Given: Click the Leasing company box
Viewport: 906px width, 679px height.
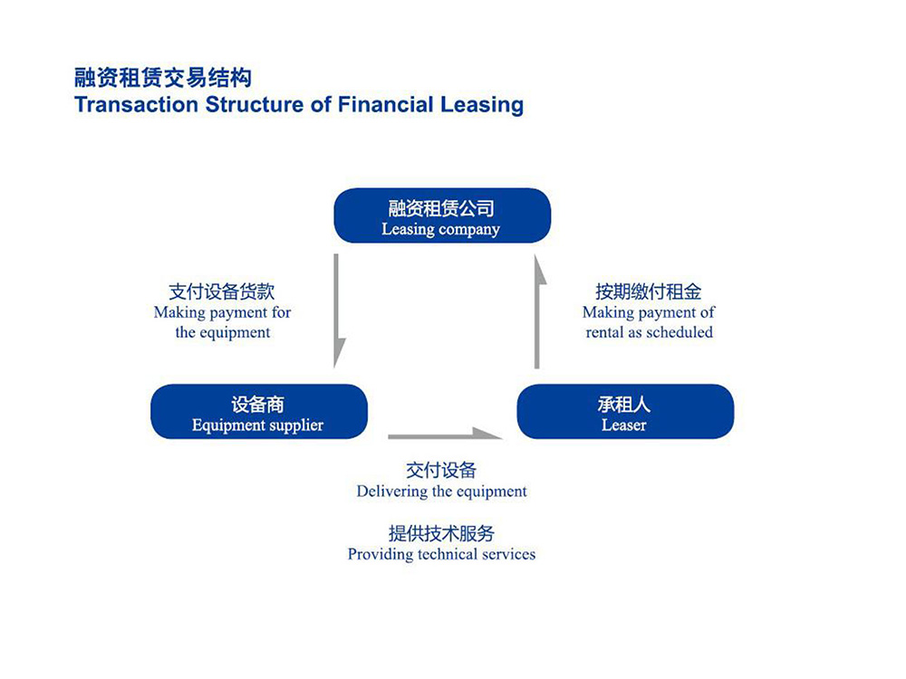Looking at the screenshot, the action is (442, 215).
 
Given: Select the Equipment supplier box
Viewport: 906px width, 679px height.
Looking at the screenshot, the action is (259, 412).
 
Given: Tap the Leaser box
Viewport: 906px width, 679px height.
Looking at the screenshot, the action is (625, 412).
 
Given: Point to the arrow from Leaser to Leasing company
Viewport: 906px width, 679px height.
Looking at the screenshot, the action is (537, 311).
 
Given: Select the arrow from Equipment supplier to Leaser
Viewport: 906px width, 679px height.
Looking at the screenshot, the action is (445, 435).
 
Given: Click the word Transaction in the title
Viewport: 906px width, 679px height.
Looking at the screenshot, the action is (137, 104).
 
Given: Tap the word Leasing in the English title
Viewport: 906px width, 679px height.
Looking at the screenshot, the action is (482, 105).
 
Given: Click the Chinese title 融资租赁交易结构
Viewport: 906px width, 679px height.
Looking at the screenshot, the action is (163, 77).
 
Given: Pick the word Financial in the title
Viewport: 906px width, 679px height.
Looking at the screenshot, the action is (385, 104).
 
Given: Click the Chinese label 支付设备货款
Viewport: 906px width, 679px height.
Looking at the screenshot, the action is (222, 292).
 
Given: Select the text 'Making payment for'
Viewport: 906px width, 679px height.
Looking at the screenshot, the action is (223, 312).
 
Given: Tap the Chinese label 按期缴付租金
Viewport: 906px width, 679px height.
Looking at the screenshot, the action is (649, 292).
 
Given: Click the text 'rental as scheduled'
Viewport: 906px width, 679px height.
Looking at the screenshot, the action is (649, 332).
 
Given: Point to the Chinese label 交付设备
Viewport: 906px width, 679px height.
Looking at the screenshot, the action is (441, 470).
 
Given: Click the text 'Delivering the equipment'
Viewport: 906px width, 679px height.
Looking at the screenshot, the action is (441, 492).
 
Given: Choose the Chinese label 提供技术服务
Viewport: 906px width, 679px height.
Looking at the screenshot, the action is (441, 533).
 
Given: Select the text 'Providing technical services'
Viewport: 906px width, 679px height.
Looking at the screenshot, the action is (441, 554).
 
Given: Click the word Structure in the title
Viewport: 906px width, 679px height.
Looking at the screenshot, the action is (255, 104).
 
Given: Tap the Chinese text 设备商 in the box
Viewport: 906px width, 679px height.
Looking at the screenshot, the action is (257, 404).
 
